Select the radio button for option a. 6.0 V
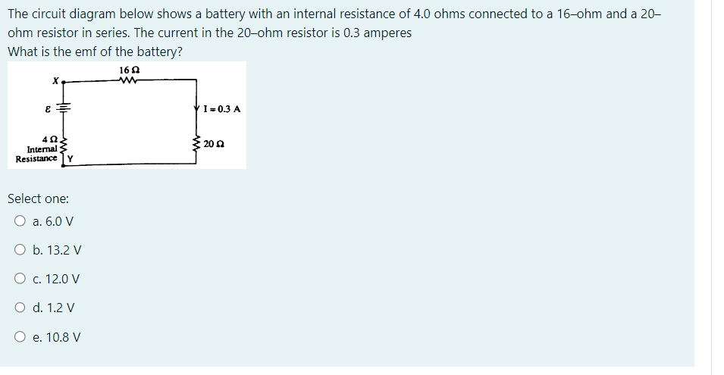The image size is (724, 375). pos(18,221)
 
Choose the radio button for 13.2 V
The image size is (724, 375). pos(18,250)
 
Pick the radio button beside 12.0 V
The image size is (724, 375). pos(18,279)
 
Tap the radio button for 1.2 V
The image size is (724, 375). pos(18,308)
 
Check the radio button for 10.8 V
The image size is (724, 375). pos(18,336)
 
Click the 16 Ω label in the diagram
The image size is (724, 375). pos(129,70)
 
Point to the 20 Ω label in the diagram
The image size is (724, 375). pos(213,143)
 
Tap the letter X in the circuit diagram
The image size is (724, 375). pos(55,79)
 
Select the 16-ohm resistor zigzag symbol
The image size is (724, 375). pos(129,79)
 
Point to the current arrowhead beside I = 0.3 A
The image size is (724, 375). pos(196,108)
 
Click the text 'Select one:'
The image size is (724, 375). pos(38,198)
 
